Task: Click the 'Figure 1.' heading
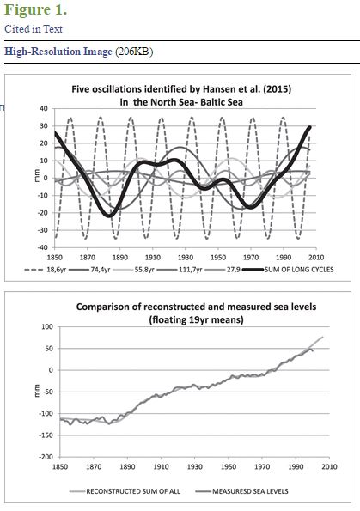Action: (x=35, y=9)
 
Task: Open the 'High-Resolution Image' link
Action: (x=58, y=52)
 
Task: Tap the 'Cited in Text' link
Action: (x=34, y=29)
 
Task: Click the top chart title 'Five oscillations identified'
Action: (x=181, y=95)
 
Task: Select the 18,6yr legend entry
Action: (x=46, y=270)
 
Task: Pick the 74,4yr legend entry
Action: (x=89, y=270)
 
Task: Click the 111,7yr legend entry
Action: (x=179, y=270)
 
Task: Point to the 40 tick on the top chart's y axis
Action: (x=44, y=108)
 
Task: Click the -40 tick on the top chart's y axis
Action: (x=42, y=247)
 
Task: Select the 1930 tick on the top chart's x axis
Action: (x=186, y=257)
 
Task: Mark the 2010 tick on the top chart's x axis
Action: (x=316, y=257)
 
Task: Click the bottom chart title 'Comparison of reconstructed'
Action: (x=196, y=313)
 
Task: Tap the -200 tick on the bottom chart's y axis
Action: (x=46, y=457)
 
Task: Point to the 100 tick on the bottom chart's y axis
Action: (x=47, y=327)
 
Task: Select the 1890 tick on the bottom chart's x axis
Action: (x=127, y=466)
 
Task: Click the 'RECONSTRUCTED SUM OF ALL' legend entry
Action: (x=125, y=491)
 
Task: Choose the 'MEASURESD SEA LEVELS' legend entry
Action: (x=242, y=491)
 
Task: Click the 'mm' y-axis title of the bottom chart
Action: (x=37, y=391)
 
